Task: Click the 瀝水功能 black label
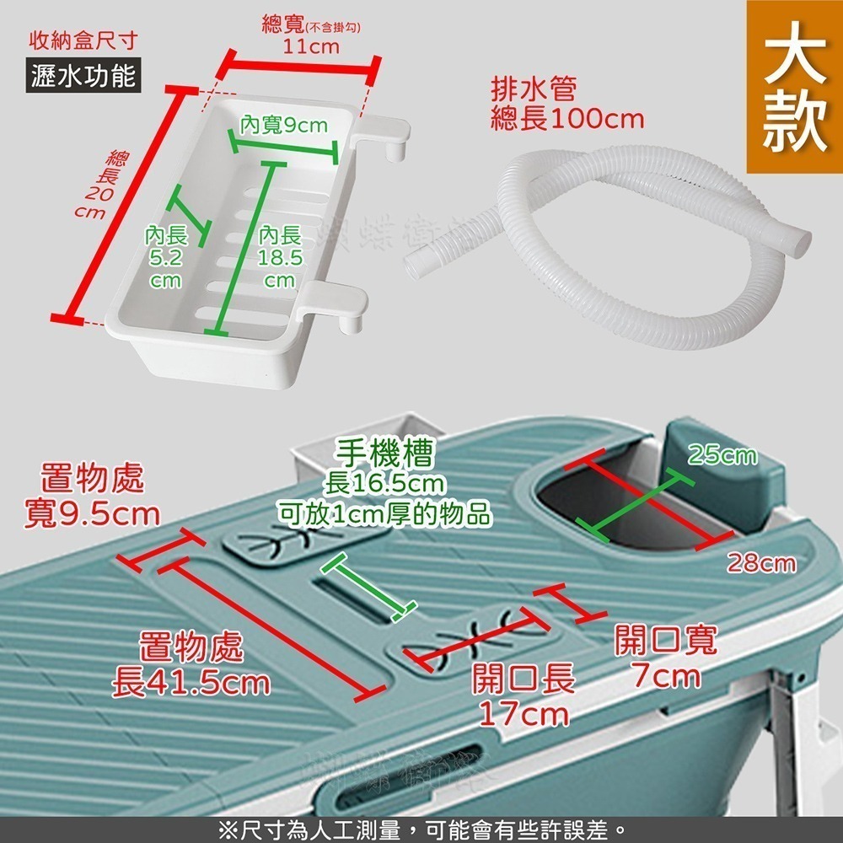pyautogui.click(x=83, y=77)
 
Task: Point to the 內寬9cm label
pyautogui.click(x=283, y=126)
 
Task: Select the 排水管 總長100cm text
pyautogui.click(x=566, y=104)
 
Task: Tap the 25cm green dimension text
pyautogui.click(x=721, y=456)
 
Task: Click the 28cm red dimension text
pyautogui.click(x=761, y=562)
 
